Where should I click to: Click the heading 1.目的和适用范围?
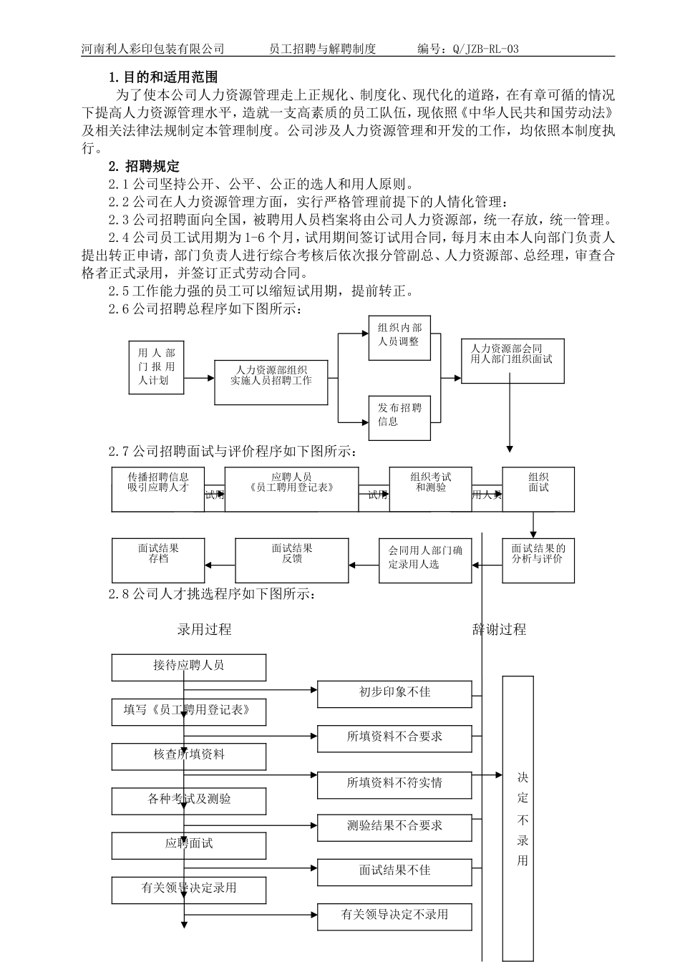coord(163,77)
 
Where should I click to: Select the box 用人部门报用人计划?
coord(156,366)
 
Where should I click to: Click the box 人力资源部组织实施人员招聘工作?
coord(271,376)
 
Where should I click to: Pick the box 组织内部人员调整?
coord(399,335)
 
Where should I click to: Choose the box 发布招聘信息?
coord(399,415)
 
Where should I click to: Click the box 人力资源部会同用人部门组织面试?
coord(512,360)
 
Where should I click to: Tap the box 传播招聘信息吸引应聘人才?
coord(158,490)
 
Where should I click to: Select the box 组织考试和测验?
coord(430,490)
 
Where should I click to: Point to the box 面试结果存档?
coord(158,560)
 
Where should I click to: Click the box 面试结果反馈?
coord(291,560)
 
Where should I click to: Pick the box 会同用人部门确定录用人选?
coord(425,560)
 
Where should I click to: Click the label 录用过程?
coord(205,630)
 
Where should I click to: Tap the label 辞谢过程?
coord(500,630)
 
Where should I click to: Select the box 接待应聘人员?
coord(189,666)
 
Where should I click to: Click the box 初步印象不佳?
coord(394,693)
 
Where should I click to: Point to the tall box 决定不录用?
coord(523,819)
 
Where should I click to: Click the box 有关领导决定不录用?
coord(394,915)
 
